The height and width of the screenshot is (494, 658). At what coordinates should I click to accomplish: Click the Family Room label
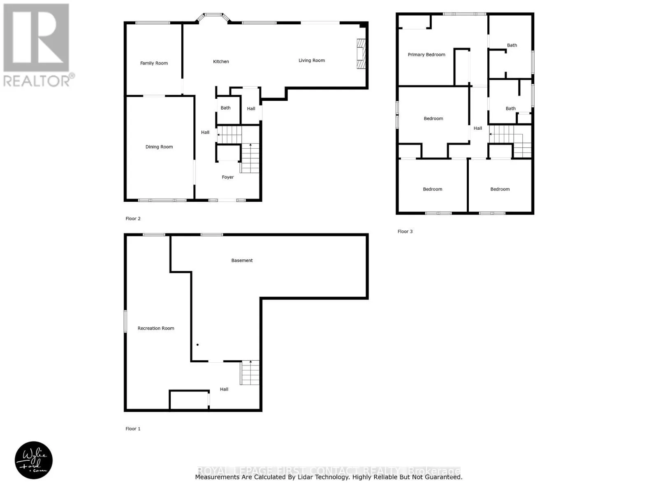point(154,63)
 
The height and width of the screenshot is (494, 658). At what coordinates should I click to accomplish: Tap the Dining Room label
point(159,147)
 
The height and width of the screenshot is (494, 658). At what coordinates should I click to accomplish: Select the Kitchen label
point(221,62)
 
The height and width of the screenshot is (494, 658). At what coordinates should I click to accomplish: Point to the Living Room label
point(312,61)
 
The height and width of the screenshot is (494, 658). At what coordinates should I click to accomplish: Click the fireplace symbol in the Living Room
point(361,54)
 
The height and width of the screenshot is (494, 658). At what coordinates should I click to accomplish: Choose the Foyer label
point(228,177)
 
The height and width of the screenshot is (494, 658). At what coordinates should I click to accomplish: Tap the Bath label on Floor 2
point(225,108)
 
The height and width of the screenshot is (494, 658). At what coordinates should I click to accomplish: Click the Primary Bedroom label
point(426,55)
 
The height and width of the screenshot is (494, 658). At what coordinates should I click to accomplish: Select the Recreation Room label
point(156,329)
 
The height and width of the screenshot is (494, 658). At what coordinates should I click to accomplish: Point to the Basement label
point(242,261)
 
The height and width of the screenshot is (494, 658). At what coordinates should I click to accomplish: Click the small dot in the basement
point(197,345)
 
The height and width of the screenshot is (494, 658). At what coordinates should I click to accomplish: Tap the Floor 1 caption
point(133,429)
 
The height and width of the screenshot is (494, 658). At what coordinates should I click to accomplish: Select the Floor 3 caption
point(405,232)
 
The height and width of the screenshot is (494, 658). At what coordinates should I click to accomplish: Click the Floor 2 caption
point(133,219)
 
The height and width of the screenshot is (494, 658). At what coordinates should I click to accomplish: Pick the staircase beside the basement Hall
point(250,373)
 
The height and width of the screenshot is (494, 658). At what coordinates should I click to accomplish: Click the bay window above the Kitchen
point(213,17)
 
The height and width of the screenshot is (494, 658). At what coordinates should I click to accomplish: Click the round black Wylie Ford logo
point(34,460)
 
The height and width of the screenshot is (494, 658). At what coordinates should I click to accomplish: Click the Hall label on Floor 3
point(478,128)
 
